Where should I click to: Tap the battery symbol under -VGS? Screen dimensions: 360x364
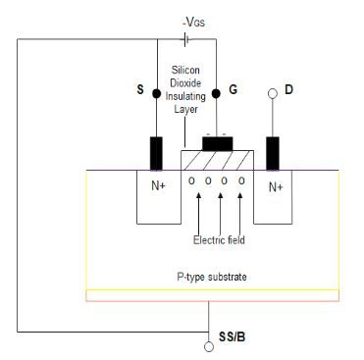[x=185, y=38]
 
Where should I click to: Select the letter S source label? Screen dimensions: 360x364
[x=139, y=90]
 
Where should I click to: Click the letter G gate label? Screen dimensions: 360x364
[x=233, y=90]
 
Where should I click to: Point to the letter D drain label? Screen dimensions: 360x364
[x=288, y=90]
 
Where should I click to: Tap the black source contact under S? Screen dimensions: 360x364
[x=156, y=153]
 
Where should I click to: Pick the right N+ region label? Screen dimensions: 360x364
[x=276, y=184]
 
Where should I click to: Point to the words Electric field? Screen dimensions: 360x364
[x=219, y=240]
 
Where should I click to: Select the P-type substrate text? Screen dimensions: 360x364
[x=214, y=278]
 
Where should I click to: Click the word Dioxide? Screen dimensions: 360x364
[x=186, y=85]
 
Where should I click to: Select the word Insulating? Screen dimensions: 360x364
[x=186, y=98]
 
